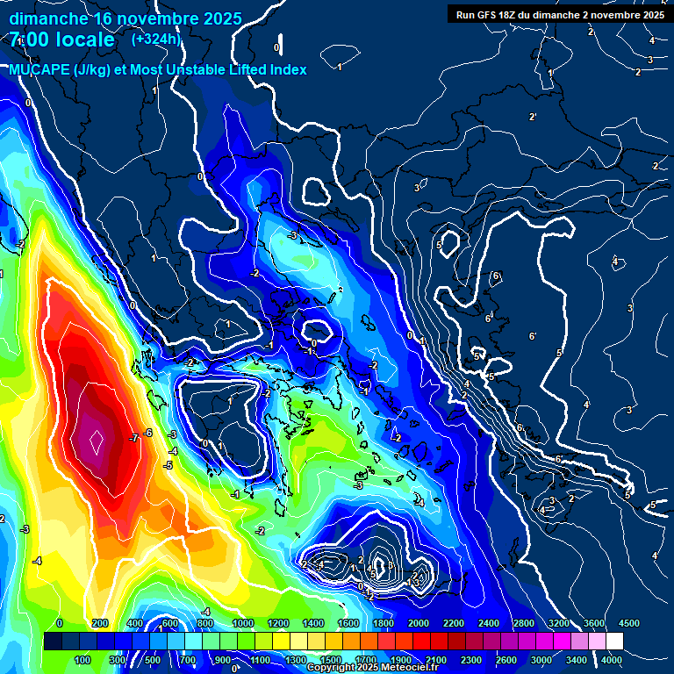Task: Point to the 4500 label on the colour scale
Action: click(629, 622)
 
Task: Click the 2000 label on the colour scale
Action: click(419, 622)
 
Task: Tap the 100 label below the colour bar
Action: click(83, 660)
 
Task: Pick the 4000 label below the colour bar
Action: click(612, 660)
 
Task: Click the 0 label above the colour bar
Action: click(59, 622)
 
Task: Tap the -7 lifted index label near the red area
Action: click(133, 437)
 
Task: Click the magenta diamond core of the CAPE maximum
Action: click(96, 436)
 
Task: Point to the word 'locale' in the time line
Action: click(82, 39)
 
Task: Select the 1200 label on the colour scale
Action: click(278, 622)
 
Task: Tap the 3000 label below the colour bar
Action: click(541, 660)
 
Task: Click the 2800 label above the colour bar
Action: click(524, 622)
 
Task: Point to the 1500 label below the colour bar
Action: click(331, 660)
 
